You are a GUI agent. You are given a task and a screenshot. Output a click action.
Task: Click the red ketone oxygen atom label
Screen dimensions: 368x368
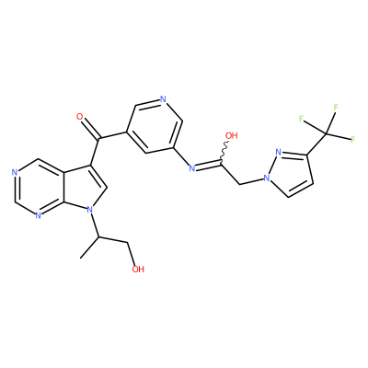pyautogui.click(x=80, y=117)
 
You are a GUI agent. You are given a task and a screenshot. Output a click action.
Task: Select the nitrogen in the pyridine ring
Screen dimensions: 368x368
pyautogui.click(x=163, y=99)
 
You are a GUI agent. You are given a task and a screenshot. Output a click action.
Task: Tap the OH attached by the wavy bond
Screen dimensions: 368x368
pyautogui.click(x=232, y=135)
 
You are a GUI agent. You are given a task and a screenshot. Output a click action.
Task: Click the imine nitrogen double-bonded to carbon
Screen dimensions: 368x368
pyautogui.click(x=192, y=168)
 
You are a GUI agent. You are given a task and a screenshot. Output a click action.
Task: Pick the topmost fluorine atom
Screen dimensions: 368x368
pyautogui.click(x=336, y=108)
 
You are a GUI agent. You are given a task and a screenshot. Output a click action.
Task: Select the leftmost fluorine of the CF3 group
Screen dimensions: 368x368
pyautogui.click(x=302, y=119)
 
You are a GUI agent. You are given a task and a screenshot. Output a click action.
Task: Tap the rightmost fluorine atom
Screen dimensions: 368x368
pyautogui.click(x=352, y=140)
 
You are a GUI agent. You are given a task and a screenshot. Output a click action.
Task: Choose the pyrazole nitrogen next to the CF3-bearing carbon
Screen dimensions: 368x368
pyautogui.click(x=279, y=152)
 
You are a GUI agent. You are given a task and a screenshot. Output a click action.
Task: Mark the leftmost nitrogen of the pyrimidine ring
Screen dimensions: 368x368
pyautogui.click(x=14, y=172)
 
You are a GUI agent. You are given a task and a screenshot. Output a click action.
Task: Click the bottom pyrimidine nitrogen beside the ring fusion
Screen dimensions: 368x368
pyautogui.click(x=38, y=215)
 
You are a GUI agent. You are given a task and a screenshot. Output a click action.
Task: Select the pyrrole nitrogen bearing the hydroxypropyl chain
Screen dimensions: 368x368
pyautogui.click(x=89, y=210)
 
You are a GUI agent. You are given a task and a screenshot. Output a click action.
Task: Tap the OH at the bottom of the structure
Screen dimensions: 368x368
pyautogui.click(x=138, y=270)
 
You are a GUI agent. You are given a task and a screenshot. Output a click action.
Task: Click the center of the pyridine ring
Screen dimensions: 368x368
pyautogui.click(x=154, y=127)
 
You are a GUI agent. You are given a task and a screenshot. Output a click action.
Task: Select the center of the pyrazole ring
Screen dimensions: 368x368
pyautogui.click(x=289, y=172)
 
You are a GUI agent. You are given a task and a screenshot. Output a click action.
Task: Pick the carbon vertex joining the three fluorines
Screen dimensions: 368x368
pyautogui.click(x=327, y=134)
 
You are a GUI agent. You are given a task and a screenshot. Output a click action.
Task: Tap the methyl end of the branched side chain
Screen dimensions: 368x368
pyautogui.click(x=81, y=258)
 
